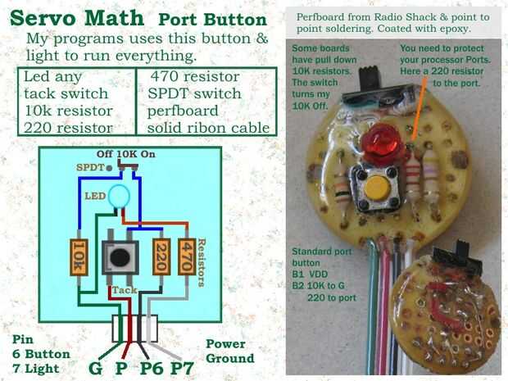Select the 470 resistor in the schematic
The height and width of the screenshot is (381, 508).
point(188,257)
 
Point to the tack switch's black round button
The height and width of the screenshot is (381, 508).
point(120,256)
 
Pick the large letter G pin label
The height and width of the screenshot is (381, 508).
point(96,367)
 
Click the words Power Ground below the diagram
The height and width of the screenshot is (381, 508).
point(229,352)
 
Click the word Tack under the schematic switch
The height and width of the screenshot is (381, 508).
point(122,289)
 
